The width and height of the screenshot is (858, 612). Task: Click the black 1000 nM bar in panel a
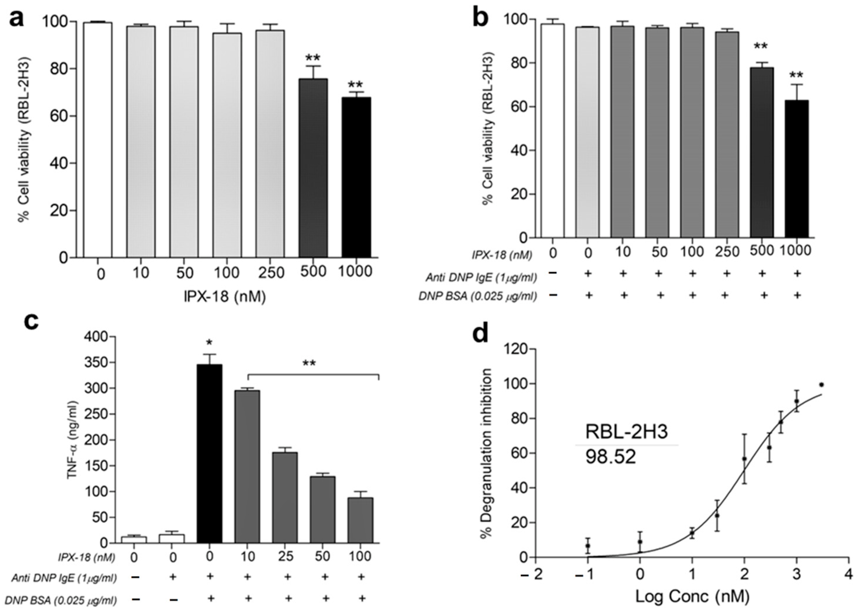[356, 177]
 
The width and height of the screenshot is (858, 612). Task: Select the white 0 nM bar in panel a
[97, 140]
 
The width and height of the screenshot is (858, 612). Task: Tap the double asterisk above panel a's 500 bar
[313, 58]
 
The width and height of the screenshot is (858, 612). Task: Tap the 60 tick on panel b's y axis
[518, 107]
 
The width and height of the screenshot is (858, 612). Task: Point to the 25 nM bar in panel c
[285, 498]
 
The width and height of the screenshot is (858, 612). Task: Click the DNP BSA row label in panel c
[61, 599]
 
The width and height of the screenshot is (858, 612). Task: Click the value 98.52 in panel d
[610, 458]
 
